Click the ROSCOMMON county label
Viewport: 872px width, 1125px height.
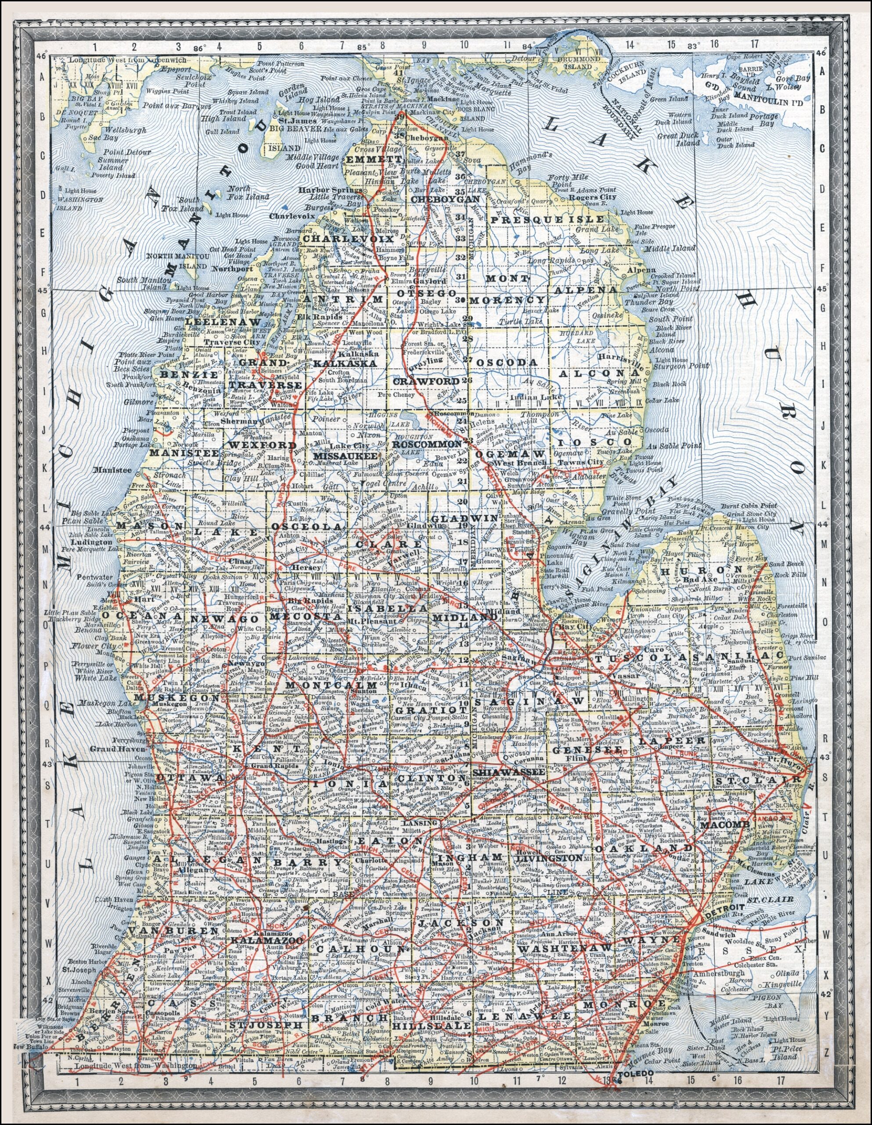coord(427,443)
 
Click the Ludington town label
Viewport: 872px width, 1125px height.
coord(93,542)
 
